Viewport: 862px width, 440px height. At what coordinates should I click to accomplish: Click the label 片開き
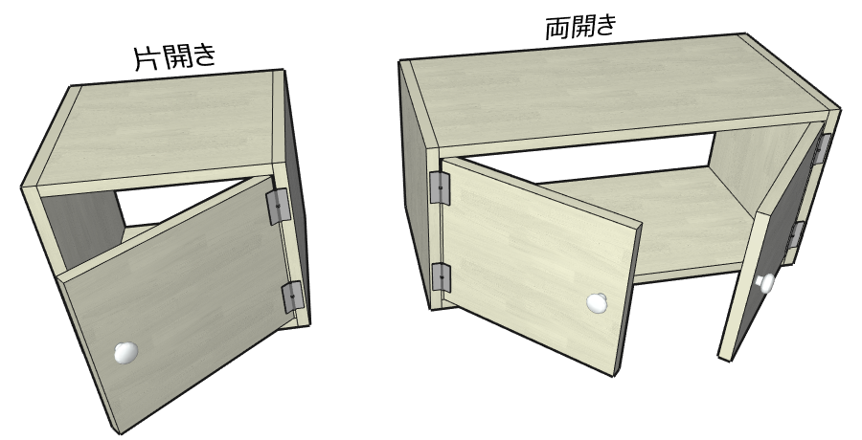click(x=175, y=56)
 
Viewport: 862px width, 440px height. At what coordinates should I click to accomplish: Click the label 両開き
click(x=581, y=27)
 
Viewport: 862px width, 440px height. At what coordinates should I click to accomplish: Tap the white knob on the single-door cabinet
click(x=125, y=353)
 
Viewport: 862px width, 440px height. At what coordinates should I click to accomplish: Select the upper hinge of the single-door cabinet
click(x=278, y=206)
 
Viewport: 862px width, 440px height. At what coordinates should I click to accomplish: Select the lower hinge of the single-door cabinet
click(x=293, y=297)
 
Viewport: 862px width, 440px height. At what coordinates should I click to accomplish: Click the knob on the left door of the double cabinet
click(x=597, y=303)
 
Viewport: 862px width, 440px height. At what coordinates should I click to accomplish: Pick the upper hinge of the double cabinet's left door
click(x=440, y=187)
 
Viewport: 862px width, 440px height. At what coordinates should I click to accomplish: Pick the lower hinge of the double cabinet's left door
click(x=442, y=277)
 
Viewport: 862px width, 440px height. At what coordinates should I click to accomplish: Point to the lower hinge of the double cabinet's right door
click(x=797, y=234)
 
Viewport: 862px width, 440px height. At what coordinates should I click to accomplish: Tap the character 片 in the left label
click(x=147, y=57)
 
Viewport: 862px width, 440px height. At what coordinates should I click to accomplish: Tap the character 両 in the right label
click(x=557, y=29)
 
